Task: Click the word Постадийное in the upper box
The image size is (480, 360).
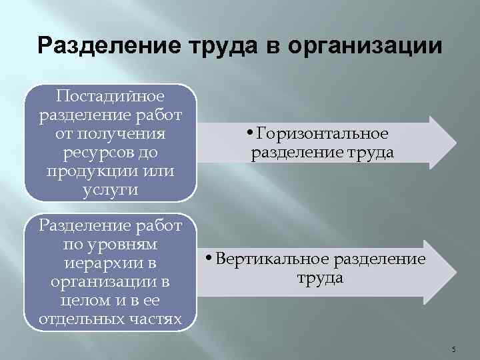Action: click(111, 96)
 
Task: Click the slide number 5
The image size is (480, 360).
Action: click(454, 349)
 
